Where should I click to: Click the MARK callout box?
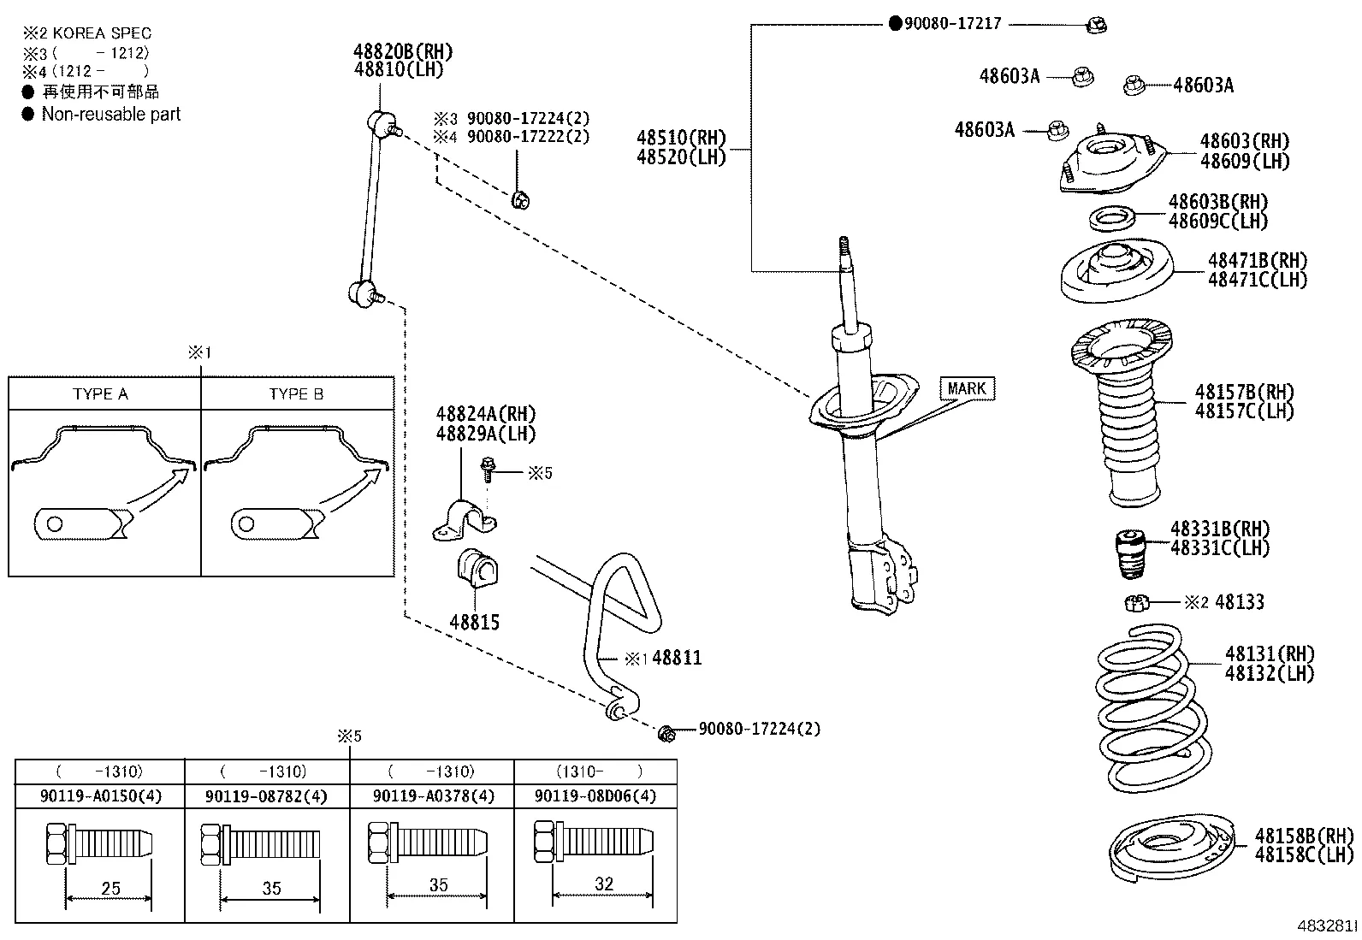click(967, 389)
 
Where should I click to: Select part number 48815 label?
click(475, 623)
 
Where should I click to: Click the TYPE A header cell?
click(101, 394)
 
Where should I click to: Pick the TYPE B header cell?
click(296, 394)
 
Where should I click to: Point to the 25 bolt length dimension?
click(110, 889)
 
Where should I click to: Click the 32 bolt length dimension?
click(604, 884)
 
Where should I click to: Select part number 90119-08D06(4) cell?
click(595, 796)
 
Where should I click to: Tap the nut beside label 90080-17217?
click(1096, 26)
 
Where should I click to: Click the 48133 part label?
click(1239, 602)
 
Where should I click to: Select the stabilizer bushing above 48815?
click(477, 569)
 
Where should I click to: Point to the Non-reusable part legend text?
click(111, 115)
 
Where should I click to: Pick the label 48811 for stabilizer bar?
click(677, 658)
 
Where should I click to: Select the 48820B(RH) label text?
click(404, 51)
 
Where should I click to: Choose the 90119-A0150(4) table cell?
click(100, 796)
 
